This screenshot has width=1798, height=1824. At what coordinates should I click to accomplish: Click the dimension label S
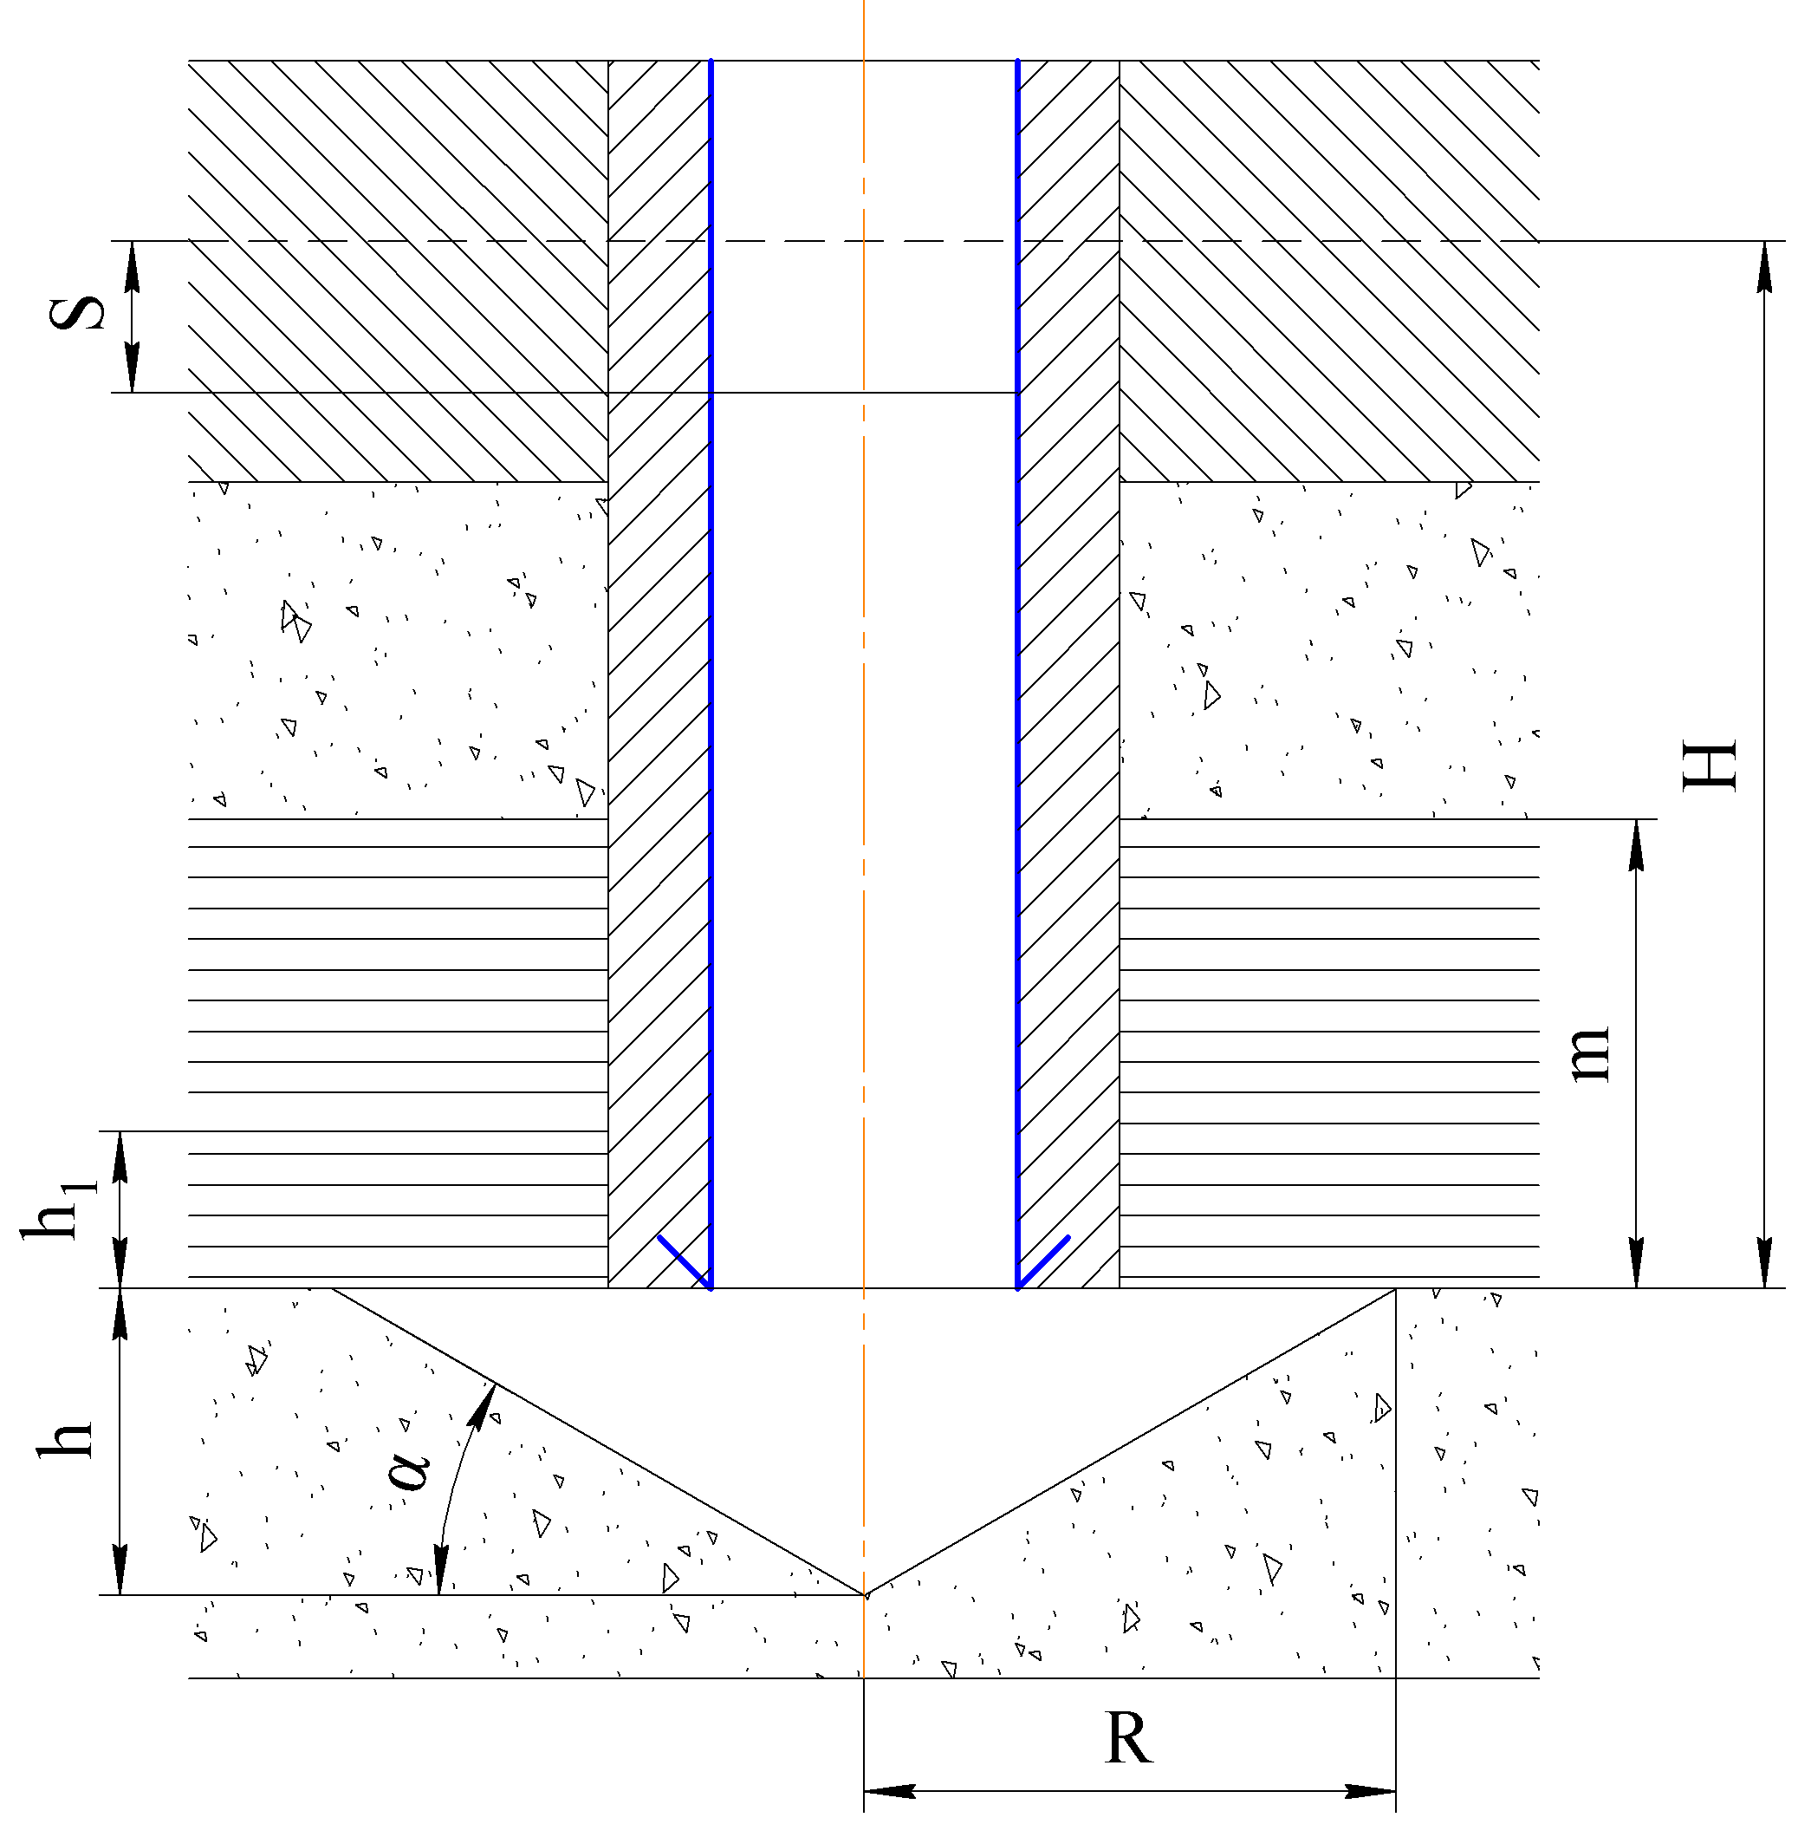coord(77,314)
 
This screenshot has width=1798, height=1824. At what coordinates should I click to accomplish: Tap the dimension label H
coord(1710,765)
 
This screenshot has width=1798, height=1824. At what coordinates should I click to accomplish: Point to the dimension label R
coord(1129,1738)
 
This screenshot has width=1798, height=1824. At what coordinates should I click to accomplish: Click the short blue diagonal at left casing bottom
coord(684,1261)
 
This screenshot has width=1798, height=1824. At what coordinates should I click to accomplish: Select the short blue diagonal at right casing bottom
coord(1044,1261)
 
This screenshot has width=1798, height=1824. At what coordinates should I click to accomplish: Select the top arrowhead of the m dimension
coord(1637,844)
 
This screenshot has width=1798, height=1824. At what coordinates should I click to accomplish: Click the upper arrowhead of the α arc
coord(485,1406)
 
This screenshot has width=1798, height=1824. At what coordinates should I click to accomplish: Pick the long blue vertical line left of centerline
coord(711,661)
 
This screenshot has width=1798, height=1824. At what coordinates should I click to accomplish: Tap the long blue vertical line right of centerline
coord(1017,661)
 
